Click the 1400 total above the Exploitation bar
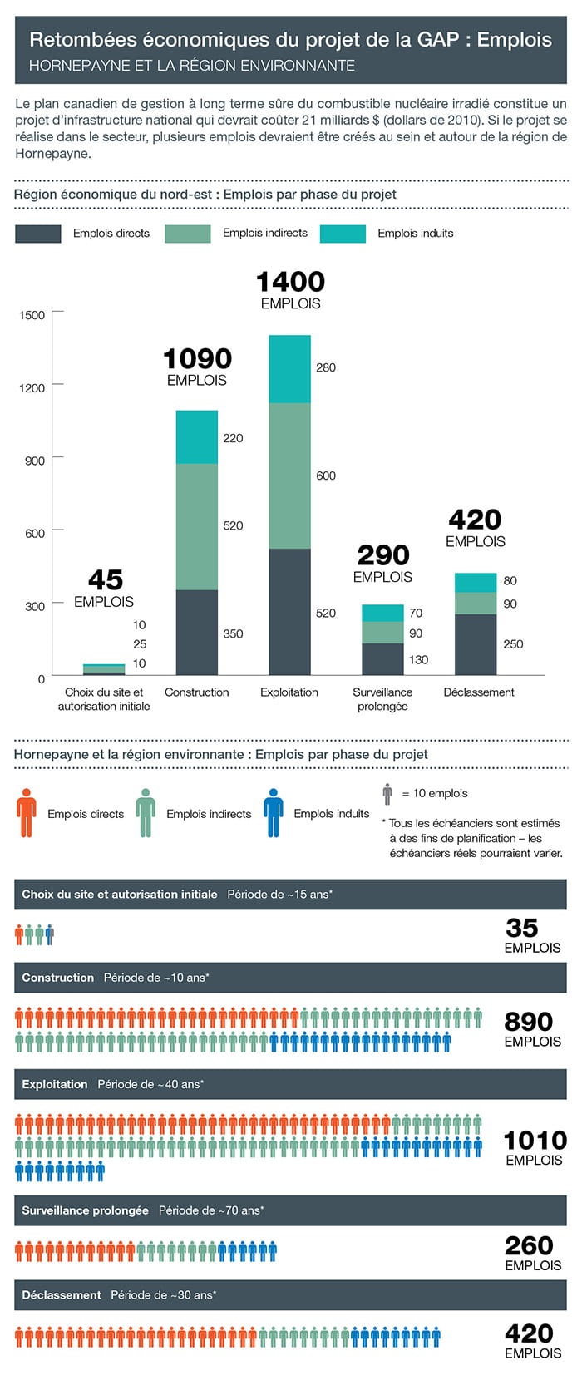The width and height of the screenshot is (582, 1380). click(x=290, y=282)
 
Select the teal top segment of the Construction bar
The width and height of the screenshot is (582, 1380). click(x=197, y=437)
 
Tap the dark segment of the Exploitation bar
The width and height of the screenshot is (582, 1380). click(x=289, y=611)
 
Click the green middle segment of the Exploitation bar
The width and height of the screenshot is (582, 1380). click(x=289, y=476)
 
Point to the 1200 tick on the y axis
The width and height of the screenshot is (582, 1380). click(x=32, y=387)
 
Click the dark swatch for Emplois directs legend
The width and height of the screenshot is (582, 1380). click(x=38, y=234)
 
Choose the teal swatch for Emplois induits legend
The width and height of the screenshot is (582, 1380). click(x=343, y=234)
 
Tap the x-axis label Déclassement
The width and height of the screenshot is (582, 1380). click(x=479, y=692)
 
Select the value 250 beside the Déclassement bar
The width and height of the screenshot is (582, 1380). click(x=513, y=643)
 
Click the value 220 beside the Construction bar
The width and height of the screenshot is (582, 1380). click(x=233, y=438)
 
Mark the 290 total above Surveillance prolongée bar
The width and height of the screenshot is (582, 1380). click(x=382, y=554)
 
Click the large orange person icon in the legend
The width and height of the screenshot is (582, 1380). click(x=27, y=812)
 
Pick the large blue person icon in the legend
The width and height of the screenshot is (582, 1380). click(x=273, y=812)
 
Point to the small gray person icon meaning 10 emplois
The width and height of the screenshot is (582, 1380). click(x=387, y=793)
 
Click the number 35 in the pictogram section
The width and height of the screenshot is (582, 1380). click(x=522, y=927)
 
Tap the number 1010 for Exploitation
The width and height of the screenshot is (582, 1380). click(x=535, y=1140)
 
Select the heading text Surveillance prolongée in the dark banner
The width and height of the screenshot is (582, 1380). click(x=85, y=1210)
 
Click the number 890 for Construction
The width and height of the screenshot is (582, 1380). click(x=528, y=1021)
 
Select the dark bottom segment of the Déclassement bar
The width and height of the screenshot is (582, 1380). click(x=476, y=644)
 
